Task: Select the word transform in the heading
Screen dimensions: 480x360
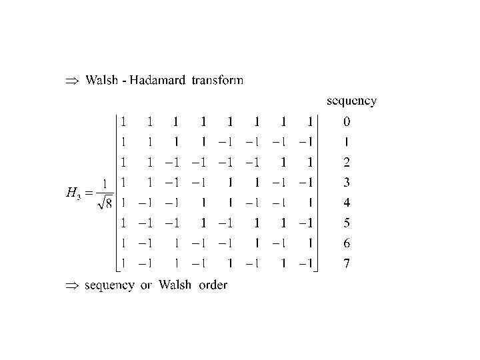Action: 217,81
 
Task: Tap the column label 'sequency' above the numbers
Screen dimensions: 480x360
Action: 351,101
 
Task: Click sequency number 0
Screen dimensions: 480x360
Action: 346,122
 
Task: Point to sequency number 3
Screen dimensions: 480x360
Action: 346,182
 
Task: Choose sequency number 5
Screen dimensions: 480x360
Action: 346,223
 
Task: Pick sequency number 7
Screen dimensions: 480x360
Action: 346,264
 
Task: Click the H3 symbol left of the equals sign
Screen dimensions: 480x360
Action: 72,194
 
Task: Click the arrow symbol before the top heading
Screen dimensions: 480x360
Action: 72,81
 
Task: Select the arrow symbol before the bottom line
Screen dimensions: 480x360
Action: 72,285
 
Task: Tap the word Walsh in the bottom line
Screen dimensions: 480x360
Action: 175,285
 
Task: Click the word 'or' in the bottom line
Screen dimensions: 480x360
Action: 146,285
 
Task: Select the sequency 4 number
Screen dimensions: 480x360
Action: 346,202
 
